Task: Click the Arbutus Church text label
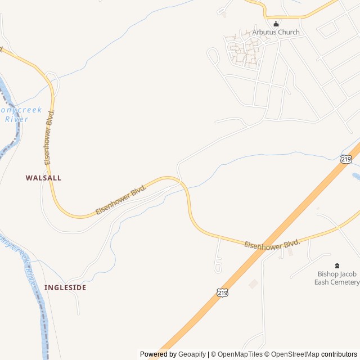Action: click(x=276, y=32)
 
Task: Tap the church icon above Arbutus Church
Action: click(x=276, y=24)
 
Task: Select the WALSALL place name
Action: click(x=43, y=178)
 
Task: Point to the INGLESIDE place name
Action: click(x=65, y=287)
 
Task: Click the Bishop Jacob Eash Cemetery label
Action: click(x=337, y=278)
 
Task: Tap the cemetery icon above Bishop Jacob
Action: click(x=337, y=265)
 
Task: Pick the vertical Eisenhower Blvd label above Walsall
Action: click(x=50, y=138)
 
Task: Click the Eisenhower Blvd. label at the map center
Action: click(x=121, y=199)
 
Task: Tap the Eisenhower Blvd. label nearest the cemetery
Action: click(x=272, y=244)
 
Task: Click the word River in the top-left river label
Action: click(x=16, y=119)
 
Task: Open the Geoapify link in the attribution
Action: click(x=192, y=354)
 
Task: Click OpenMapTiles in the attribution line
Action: click(x=241, y=354)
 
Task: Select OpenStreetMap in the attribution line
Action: click(x=295, y=354)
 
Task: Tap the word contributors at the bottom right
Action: click(x=339, y=354)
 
